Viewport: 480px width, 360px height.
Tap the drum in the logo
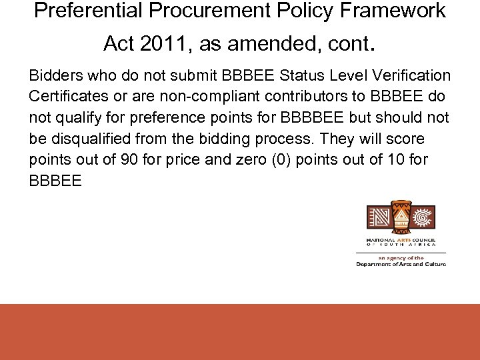400,217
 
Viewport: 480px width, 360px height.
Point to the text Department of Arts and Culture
401,264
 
